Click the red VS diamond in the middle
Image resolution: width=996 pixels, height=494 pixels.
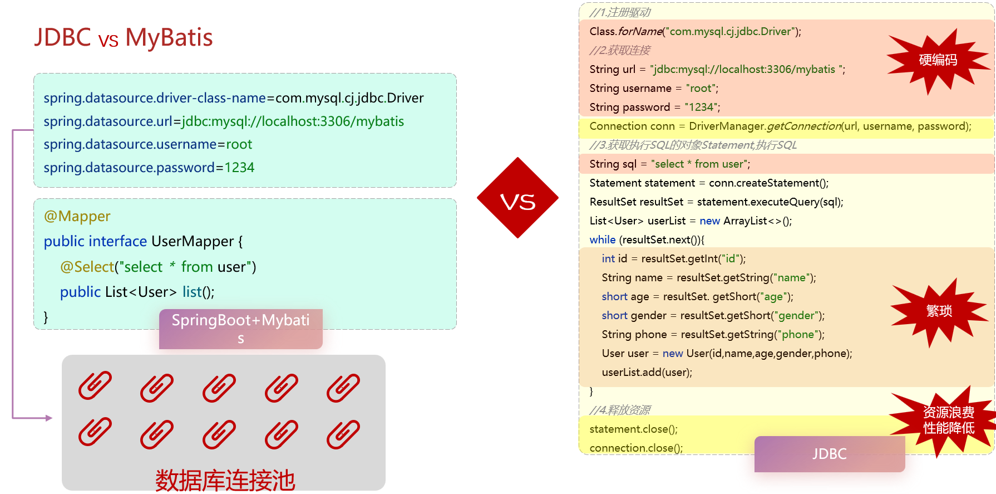tap(517, 198)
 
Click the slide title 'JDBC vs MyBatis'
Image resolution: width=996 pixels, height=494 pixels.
tap(124, 38)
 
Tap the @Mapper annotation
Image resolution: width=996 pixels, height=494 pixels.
tap(77, 216)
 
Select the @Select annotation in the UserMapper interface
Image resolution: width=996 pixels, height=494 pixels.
tap(87, 267)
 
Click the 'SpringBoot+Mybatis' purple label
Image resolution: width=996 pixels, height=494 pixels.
tap(240, 329)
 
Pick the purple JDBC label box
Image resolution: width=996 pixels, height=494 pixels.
tap(829, 454)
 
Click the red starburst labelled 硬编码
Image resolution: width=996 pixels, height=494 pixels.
tap(938, 60)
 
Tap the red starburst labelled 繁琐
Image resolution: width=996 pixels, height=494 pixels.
tap(939, 311)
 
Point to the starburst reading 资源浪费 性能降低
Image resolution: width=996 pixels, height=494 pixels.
tap(948, 420)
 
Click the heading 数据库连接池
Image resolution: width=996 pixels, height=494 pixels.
tap(225, 480)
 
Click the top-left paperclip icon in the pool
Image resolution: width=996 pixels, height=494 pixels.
tap(95, 386)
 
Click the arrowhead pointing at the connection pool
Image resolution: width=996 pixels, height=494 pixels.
tap(49, 418)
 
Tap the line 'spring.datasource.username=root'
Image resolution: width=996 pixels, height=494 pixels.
tap(147, 144)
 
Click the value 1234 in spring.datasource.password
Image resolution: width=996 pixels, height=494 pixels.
tap(239, 168)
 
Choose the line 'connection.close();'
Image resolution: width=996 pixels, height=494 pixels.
tap(636, 448)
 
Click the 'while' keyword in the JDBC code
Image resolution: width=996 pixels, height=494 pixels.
tap(602, 239)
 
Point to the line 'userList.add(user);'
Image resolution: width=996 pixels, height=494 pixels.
tap(647, 372)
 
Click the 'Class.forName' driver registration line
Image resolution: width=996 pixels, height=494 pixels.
tap(695, 31)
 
